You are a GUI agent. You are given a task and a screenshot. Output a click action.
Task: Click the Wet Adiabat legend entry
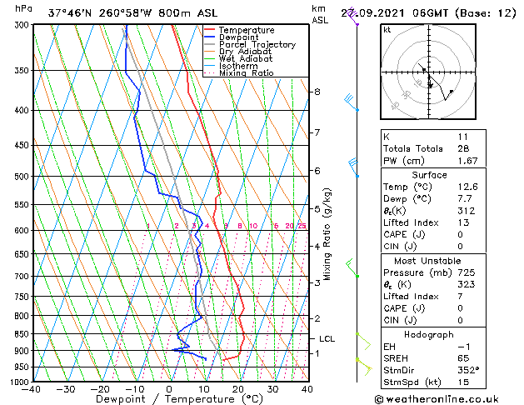[242, 59]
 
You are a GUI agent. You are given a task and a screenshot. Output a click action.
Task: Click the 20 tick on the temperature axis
[238, 389]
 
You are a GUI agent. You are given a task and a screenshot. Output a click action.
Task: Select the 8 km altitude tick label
[317, 92]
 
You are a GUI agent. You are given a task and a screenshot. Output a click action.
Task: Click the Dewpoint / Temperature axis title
[169, 399]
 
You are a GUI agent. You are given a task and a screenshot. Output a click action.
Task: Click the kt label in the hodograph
[387, 29]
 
